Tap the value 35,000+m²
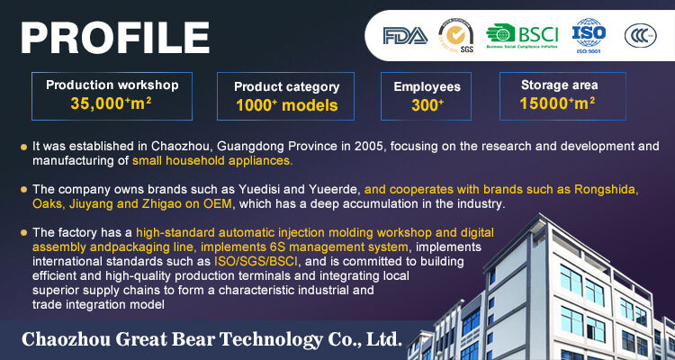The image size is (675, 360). coord(112,103)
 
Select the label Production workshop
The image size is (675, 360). coord(112,85)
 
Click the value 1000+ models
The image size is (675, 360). coord(286,106)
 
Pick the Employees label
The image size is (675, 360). coord(427,86)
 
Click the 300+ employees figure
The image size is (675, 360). coord(427,105)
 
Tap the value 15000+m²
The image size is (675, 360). coord(558,103)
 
